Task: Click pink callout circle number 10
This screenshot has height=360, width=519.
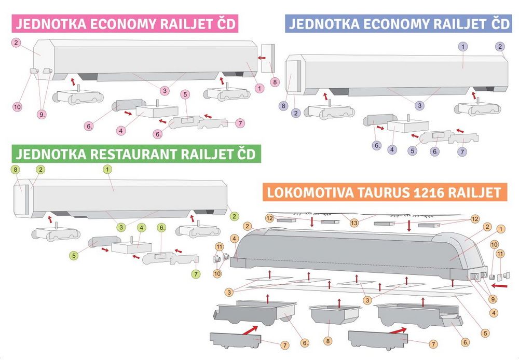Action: point(17,107)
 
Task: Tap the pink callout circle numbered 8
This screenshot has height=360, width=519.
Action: point(275,82)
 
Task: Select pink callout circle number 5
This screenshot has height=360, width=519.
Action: point(185,94)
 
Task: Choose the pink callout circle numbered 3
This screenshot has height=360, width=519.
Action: point(165,90)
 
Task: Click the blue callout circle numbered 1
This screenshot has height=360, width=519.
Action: point(463,47)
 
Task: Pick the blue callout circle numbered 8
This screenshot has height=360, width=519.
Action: point(283,106)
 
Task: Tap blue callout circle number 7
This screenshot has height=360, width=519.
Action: point(462,152)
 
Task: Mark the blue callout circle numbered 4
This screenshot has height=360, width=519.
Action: point(392,149)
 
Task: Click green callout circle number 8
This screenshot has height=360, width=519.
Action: point(15,170)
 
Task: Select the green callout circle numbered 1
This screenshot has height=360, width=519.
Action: point(107,170)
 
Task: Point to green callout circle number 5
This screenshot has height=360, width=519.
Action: point(74,255)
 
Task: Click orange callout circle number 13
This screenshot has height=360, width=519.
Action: point(354,223)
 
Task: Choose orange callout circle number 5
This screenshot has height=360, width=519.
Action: point(486,333)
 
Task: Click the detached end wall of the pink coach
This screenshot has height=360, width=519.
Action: point(268,58)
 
